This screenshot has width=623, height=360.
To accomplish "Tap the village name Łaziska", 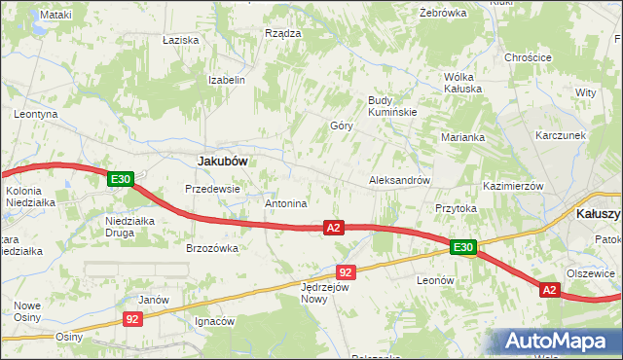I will click(182, 40).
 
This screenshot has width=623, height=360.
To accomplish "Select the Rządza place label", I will click(283, 32).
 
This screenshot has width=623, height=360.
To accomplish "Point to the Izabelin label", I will click(226, 80).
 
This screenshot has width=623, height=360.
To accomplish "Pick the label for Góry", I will click(341, 126).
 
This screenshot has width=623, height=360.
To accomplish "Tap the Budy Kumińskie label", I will click(392, 106).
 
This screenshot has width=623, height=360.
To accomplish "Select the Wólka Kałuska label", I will click(463, 82).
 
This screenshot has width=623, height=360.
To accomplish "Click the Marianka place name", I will click(462, 137).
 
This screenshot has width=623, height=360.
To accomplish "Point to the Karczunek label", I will click(560, 135).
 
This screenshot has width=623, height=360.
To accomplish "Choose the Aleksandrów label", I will click(399, 181).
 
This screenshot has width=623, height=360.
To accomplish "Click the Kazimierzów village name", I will click(512, 185).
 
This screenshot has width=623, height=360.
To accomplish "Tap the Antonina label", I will click(286, 204).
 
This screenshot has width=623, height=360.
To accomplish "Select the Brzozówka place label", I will click(212, 248).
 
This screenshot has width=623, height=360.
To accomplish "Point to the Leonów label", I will click(435, 280).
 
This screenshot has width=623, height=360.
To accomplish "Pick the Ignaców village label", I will click(214, 321).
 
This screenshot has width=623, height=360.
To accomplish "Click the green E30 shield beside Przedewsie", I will click(121, 179).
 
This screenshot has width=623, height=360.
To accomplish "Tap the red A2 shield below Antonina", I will click(334, 228).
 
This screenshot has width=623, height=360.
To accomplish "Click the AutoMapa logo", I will click(560, 341).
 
